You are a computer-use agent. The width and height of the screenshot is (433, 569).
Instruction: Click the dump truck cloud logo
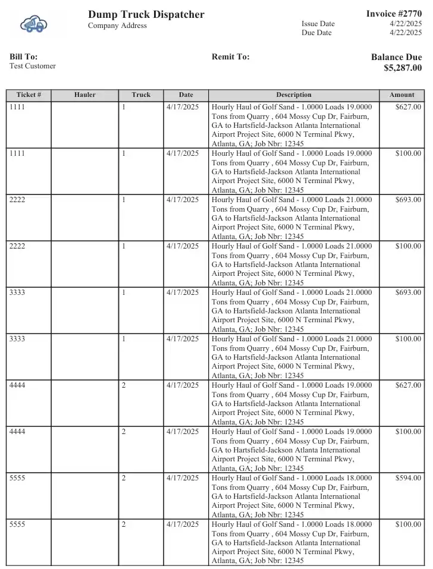click(34, 24)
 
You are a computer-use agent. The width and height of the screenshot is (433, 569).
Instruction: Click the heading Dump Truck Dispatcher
click(146, 14)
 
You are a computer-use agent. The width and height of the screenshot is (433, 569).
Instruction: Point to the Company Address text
click(117, 26)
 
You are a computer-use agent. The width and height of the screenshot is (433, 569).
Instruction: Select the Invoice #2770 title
click(394, 14)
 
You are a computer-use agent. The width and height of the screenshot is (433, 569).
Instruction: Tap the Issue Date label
click(318, 24)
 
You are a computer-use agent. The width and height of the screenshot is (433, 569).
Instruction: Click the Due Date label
click(316, 33)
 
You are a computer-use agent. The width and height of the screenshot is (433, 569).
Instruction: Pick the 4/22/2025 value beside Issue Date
click(406, 24)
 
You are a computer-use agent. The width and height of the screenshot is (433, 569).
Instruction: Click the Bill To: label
click(23, 56)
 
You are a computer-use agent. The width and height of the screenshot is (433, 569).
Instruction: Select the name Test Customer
click(33, 66)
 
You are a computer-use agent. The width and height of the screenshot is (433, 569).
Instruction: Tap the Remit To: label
click(230, 56)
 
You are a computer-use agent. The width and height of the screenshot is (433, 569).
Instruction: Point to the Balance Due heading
click(396, 57)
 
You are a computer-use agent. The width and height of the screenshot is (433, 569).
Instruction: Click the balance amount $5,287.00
click(403, 68)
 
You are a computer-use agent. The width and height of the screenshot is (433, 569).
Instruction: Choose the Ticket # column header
click(29, 95)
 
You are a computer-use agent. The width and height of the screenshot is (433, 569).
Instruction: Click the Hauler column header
click(84, 95)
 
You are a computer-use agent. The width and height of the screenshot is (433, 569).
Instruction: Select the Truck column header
click(141, 95)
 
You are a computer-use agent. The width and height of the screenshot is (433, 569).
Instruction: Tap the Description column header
click(293, 95)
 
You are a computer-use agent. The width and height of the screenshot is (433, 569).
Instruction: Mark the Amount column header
click(401, 95)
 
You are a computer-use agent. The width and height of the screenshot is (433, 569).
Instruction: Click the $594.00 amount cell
click(408, 478)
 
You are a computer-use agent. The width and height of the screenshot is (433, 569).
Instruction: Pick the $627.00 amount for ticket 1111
click(408, 107)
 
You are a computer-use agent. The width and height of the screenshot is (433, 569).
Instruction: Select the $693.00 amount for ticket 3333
click(408, 293)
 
